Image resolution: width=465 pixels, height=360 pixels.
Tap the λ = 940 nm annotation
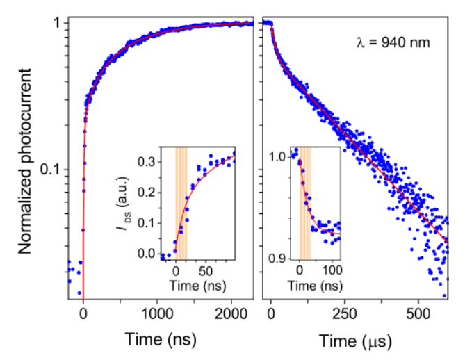tap(393, 43)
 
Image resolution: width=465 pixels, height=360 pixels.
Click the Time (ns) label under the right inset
tap(317, 285)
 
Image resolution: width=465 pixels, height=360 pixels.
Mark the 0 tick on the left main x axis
tap(83, 313)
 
